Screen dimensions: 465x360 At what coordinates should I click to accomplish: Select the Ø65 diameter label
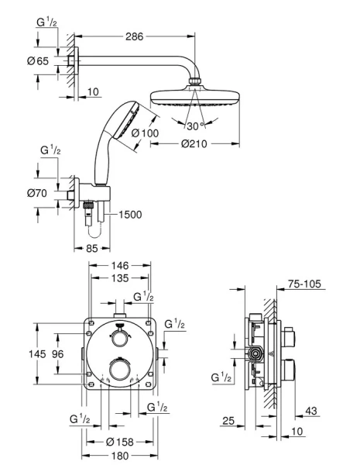point(39,60)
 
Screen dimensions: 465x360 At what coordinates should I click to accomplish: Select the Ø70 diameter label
point(39,193)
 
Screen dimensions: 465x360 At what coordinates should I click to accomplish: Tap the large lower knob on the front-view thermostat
point(118,367)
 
